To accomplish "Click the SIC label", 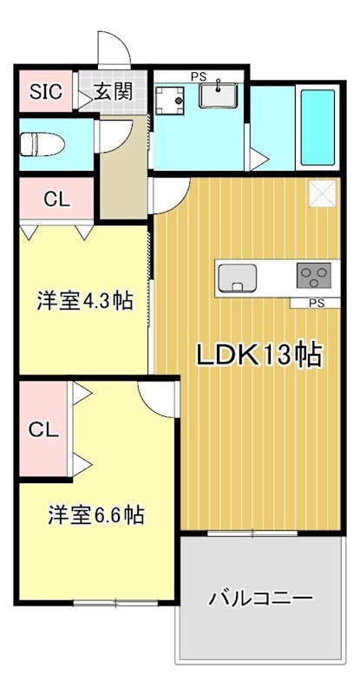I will click(x=46, y=92).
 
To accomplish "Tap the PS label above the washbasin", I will click(x=198, y=75).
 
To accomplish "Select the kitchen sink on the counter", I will click(x=238, y=278).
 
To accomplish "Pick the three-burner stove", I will click(x=314, y=277).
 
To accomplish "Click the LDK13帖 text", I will click(x=258, y=355).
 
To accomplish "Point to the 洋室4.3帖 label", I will click(x=84, y=302).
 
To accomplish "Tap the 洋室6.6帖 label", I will click(x=95, y=514).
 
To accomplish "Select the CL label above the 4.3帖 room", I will click(x=56, y=199).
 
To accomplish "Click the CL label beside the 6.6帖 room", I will click(x=43, y=429).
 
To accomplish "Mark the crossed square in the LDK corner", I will click(x=322, y=193).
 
